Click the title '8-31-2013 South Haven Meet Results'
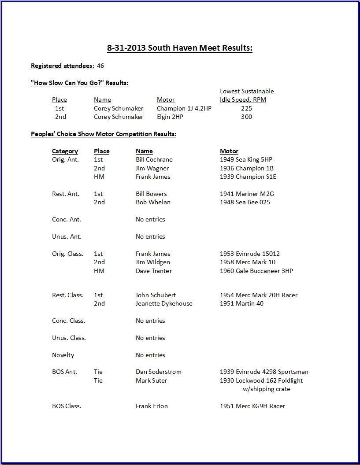point(180,48)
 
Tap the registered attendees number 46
point(100,66)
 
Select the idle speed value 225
point(247,108)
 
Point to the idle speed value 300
point(247,117)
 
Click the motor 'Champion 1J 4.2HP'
point(184,108)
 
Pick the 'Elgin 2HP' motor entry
point(170,117)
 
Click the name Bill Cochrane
point(154,159)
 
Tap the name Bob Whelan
point(153,202)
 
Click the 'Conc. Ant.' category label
point(67,219)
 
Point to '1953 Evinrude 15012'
point(250,254)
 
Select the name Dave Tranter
point(154,271)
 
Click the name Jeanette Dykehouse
point(164,303)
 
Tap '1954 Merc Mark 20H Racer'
point(259,295)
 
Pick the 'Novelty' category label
point(63,355)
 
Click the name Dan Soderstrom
point(159,372)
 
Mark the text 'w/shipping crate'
point(267,389)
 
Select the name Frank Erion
point(152,406)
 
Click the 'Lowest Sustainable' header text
point(247,91)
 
